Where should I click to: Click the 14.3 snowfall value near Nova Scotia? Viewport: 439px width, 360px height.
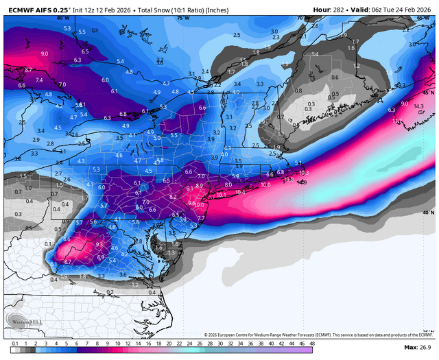[x=418, y=106]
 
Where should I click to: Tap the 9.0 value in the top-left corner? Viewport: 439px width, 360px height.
[x=45, y=53]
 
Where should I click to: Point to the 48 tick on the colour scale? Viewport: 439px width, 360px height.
[x=312, y=344]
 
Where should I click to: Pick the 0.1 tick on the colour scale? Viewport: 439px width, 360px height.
[x=14, y=344]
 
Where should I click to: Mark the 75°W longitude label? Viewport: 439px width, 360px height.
[x=183, y=17]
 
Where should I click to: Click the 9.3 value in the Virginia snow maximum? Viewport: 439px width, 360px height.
[x=99, y=244]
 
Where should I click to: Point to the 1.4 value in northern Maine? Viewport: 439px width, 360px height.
[x=315, y=53]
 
